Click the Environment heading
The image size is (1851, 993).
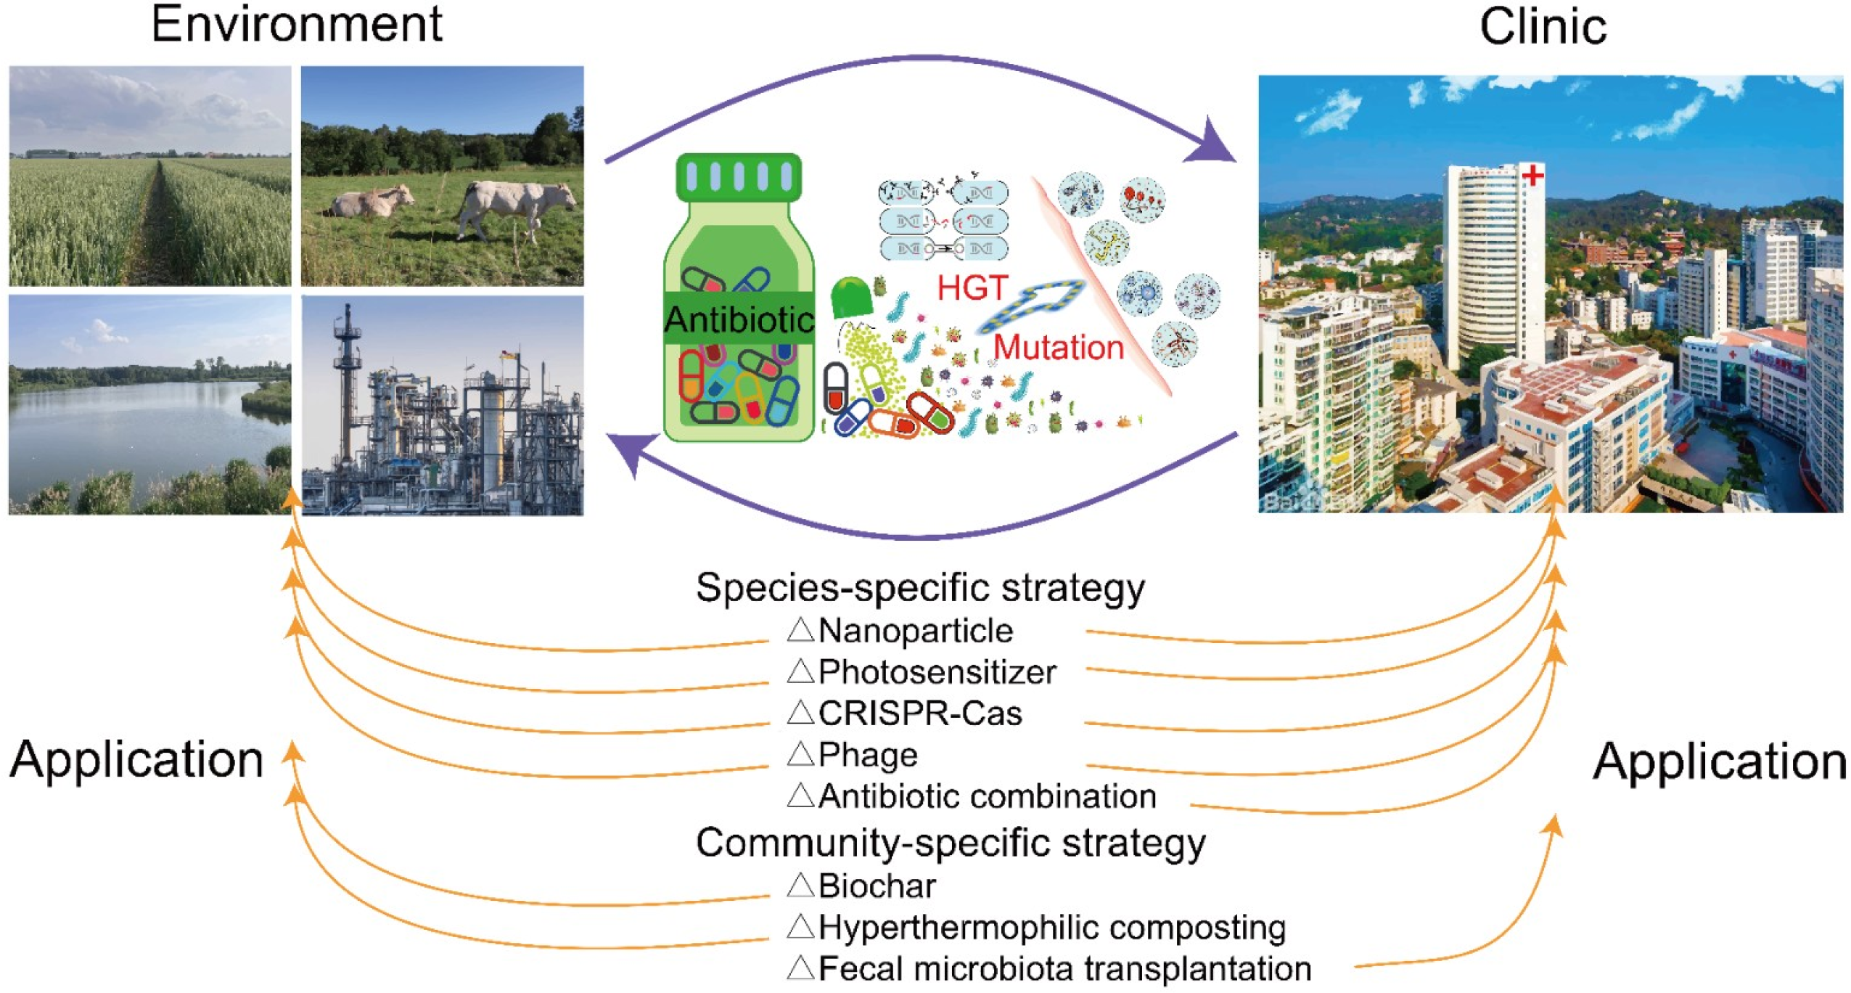pos(296,25)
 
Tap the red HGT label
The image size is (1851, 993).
pos(972,288)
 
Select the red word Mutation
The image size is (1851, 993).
pos(1058,348)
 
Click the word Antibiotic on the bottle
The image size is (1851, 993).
pos(739,319)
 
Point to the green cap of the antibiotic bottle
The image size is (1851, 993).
pos(739,176)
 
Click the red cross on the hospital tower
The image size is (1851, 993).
pos(1532,175)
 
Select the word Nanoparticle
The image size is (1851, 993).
pos(915,631)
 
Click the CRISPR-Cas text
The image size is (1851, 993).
pos(919,714)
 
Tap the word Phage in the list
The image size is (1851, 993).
pos(867,756)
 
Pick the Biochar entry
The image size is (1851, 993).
pos(877,886)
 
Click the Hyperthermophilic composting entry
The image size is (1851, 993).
pos(1051,928)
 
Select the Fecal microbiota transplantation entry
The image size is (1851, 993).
pos(1064,969)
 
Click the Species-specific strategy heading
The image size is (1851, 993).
pos(919,587)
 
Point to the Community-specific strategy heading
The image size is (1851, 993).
pos(950,843)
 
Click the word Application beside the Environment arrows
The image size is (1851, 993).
pos(136,760)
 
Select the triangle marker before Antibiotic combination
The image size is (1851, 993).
pos(801,796)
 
